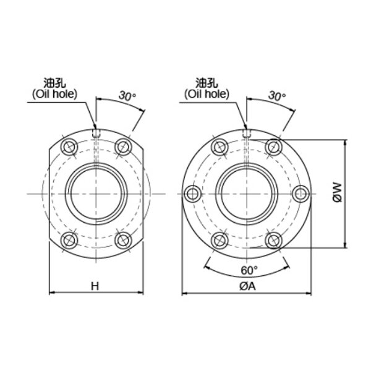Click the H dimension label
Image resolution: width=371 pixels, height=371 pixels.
point(95,286)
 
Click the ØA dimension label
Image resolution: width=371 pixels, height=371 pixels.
point(248,286)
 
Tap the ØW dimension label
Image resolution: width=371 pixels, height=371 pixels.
point(338,192)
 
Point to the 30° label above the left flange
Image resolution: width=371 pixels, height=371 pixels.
point(127,96)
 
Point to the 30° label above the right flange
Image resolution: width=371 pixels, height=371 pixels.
point(277,96)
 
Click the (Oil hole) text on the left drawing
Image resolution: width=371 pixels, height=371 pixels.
point(54,94)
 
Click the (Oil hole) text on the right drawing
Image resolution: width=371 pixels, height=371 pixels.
point(207,94)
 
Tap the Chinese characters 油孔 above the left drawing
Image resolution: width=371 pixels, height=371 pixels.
point(54,83)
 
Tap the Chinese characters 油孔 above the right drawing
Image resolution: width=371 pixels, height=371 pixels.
point(207,83)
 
